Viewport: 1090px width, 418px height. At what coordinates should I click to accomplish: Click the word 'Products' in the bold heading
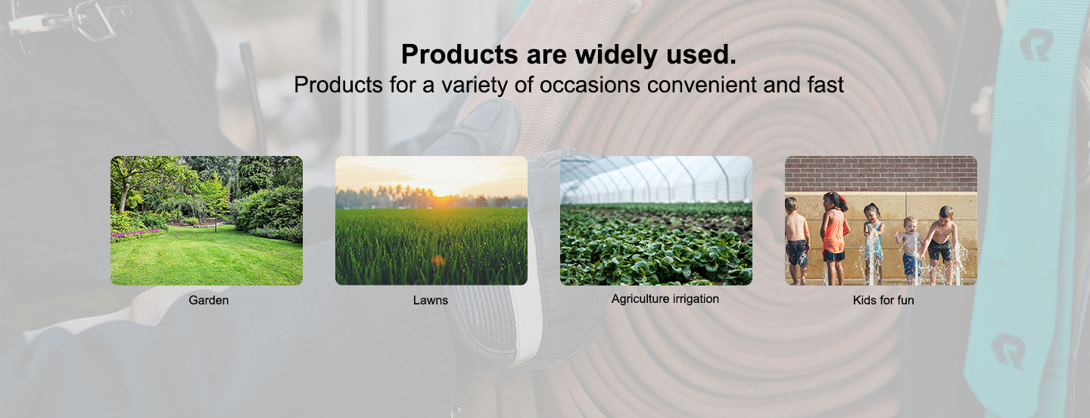pos(459,54)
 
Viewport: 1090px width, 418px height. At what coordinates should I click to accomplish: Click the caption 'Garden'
pos(209,300)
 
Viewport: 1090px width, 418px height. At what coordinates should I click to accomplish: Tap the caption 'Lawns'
pos(431,300)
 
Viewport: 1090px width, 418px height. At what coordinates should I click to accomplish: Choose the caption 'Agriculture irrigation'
pos(665,299)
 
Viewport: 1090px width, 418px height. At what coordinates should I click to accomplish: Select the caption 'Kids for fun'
pos(883,300)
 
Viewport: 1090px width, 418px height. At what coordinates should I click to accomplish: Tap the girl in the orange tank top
pos(834,237)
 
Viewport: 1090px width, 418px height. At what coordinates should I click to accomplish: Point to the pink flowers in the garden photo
pos(134,235)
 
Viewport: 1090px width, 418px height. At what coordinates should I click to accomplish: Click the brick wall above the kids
pos(881,173)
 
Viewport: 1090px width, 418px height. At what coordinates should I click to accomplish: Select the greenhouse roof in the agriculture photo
pos(656,178)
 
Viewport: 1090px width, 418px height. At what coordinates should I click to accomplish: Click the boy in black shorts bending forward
pos(941,243)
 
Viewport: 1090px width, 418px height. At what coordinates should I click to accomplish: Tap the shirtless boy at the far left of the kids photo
pos(796,240)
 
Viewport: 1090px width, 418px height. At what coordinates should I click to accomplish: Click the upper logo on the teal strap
pos(1036,45)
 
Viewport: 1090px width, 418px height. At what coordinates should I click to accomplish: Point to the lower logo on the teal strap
pos(1008,351)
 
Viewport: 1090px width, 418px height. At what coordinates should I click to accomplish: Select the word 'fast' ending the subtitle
pos(826,85)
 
